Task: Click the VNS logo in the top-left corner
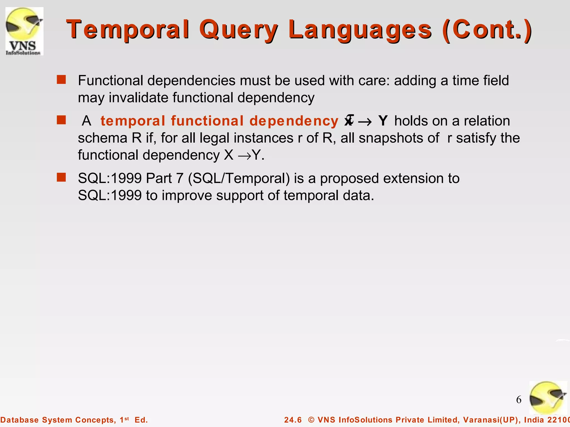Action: coord(24,31)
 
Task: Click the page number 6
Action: coord(519,400)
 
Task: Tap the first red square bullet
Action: coord(61,80)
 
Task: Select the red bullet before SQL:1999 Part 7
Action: coord(61,177)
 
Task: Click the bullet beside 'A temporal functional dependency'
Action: coord(61,120)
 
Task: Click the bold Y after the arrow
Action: coord(383,121)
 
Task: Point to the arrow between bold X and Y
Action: coord(365,122)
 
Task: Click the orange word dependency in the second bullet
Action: coord(294,121)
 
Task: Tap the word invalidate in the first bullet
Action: coord(138,98)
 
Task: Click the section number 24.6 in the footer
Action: coord(293,420)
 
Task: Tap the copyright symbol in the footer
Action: coord(311,420)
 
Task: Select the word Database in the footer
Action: coord(19,420)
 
